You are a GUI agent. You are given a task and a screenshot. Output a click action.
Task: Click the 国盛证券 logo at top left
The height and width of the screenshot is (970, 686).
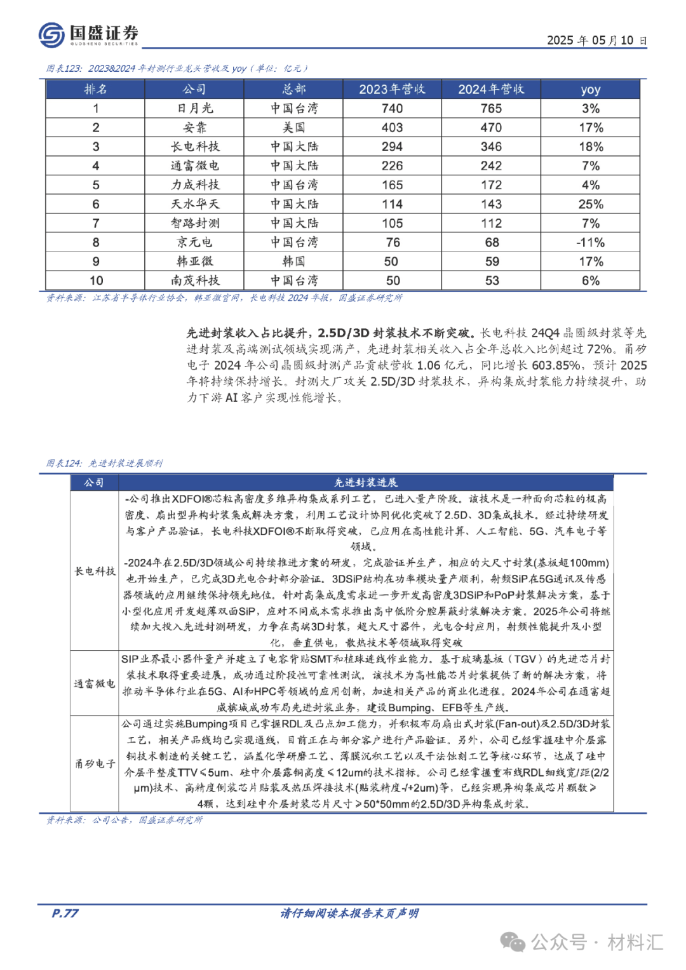[x=88, y=34]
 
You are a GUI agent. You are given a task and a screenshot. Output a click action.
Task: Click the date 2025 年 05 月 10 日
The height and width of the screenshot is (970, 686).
[x=596, y=40]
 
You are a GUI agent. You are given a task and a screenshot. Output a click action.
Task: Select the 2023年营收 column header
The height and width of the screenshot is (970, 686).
[x=392, y=89]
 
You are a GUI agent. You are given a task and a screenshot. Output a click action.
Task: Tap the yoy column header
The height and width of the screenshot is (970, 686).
[x=590, y=90]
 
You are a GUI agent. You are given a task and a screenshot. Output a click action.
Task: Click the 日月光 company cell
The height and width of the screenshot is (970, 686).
[x=195, y=109]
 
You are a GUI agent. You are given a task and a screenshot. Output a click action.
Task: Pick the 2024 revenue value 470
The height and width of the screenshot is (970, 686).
[x=491, y=128]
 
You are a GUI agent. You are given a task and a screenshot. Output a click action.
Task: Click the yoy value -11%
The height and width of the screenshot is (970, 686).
[x=590, y=243]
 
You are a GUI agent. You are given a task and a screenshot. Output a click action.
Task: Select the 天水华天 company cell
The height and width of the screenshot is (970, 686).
[x=195, y=204]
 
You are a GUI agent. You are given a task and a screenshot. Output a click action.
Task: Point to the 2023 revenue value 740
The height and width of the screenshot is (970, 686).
[x=392, y=109]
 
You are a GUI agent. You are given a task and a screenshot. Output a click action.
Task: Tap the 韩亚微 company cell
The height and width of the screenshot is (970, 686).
[x=195, y=262]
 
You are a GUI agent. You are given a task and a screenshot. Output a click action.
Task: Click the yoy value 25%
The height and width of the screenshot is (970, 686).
[x=590, y=204]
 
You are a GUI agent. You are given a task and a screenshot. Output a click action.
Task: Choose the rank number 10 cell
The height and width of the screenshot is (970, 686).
[x=96, y=281]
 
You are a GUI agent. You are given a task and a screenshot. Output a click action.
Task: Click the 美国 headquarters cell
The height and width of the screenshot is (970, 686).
[x=293, y=128]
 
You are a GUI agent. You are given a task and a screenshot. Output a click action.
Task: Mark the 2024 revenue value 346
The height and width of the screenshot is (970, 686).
[x=491, y=147]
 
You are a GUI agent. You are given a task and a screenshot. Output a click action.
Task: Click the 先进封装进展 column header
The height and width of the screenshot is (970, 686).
[x=366, y=483]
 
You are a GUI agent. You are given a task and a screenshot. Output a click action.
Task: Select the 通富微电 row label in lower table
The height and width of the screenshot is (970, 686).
[x=95, y=684]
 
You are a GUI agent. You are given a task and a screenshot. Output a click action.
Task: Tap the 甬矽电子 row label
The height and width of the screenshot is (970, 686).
[x=95, y=764]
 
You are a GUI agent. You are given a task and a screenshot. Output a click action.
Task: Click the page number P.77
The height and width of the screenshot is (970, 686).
[x=65, y=913]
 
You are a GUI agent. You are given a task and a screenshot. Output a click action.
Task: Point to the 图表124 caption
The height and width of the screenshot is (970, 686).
[x=105, y=463]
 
